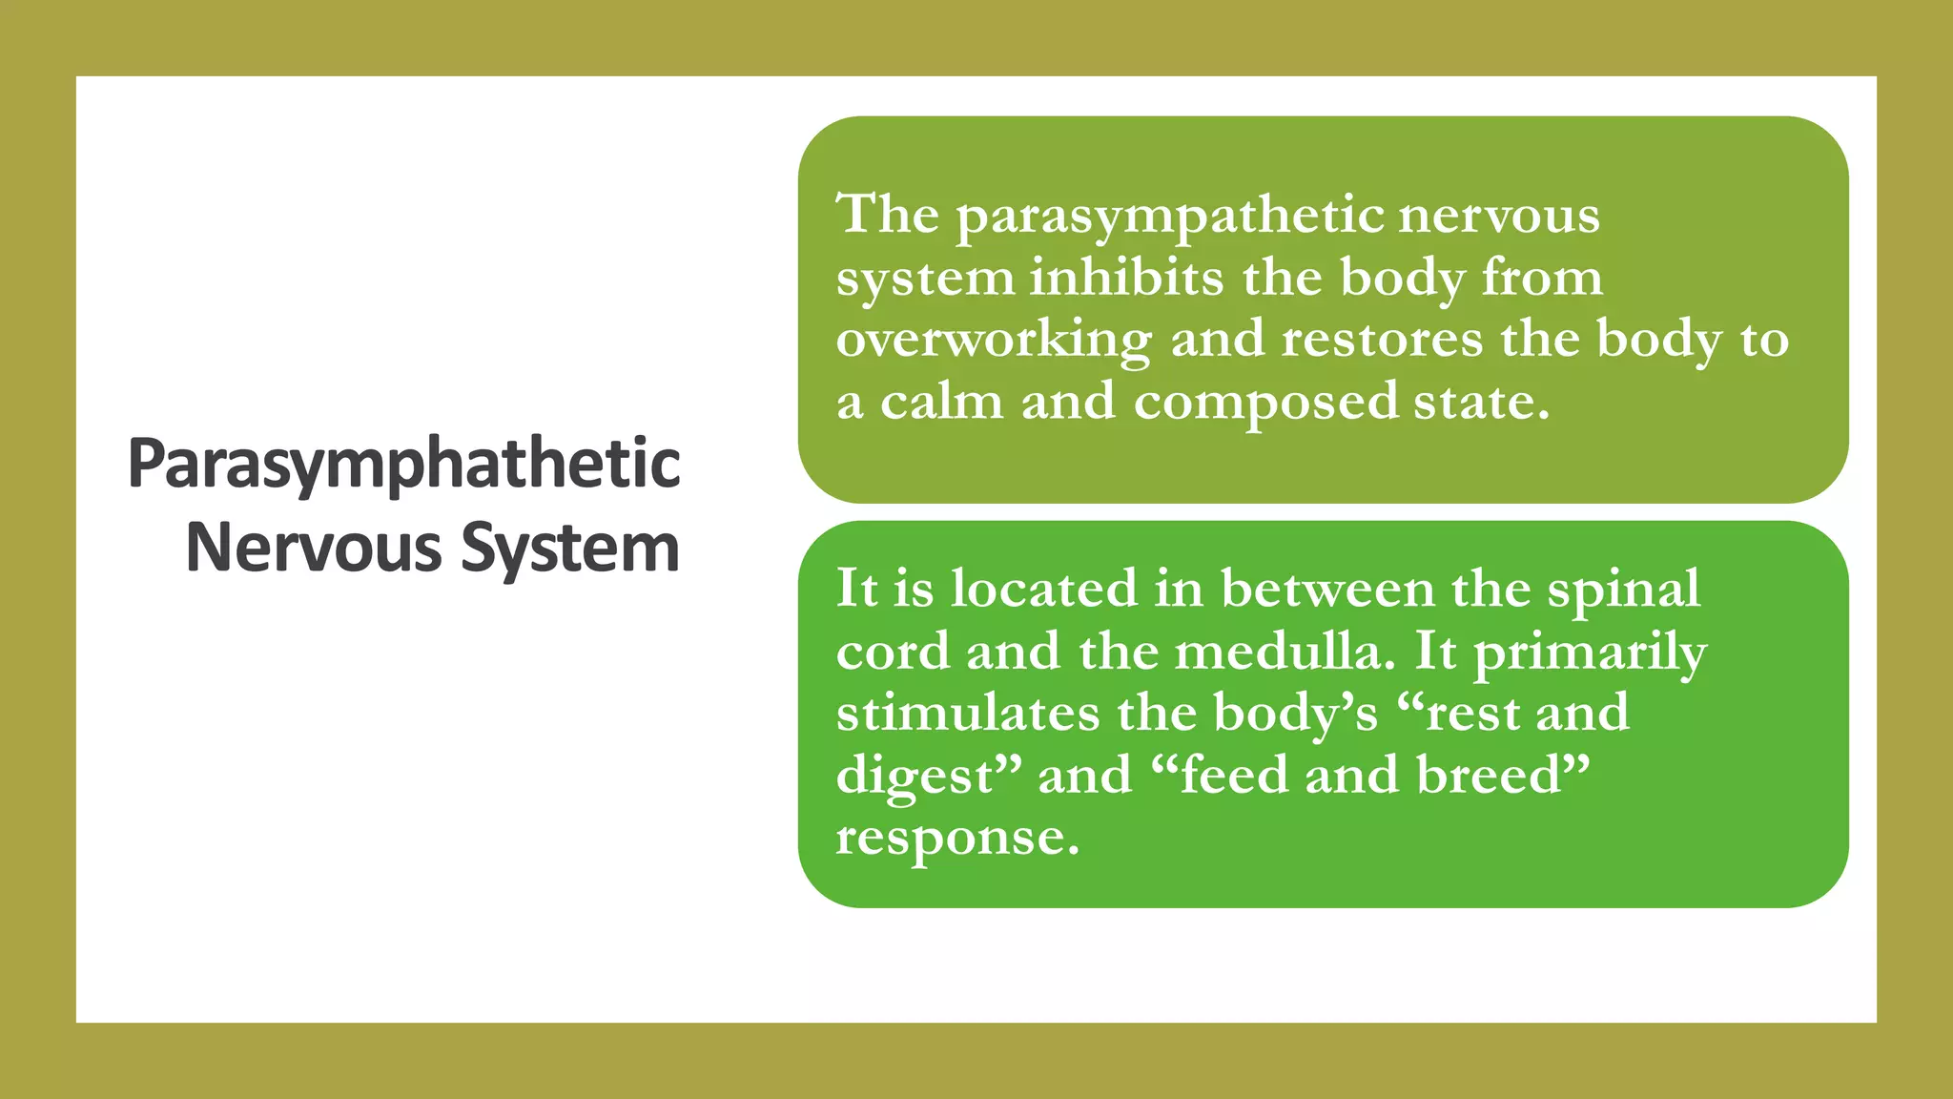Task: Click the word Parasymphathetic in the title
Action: coord(403,465)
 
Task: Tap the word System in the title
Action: coord(570,549)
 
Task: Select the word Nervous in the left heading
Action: coord(314,549)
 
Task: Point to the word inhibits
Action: coord(1126,278)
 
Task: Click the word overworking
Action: coord(994,342)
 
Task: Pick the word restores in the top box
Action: coord(1382,340)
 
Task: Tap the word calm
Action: coord(941,402)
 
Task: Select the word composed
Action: coord(1265,404)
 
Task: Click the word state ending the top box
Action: coord(1481,402)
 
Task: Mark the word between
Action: coord(1327,589)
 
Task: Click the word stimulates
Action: coord(968,714)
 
